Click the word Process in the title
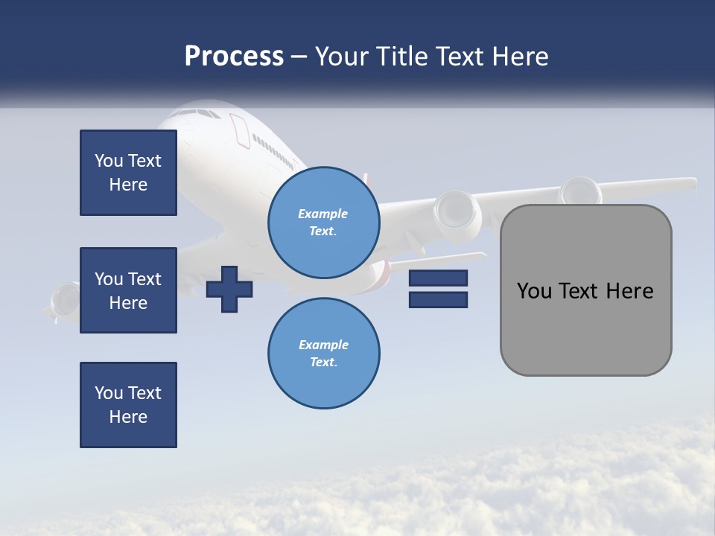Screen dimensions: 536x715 234,57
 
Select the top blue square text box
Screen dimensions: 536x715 128,173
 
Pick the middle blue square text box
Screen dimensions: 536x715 128,290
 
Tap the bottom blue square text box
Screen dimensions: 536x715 128,405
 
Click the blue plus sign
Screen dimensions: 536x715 229,289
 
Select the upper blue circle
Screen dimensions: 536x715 323,222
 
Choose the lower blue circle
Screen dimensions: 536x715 323,353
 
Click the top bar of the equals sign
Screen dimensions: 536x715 438,278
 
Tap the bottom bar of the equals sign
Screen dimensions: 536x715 438,299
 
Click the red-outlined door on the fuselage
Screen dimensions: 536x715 240,130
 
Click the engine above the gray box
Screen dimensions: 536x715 581,191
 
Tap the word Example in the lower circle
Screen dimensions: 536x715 323,345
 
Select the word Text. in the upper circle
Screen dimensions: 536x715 323,231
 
